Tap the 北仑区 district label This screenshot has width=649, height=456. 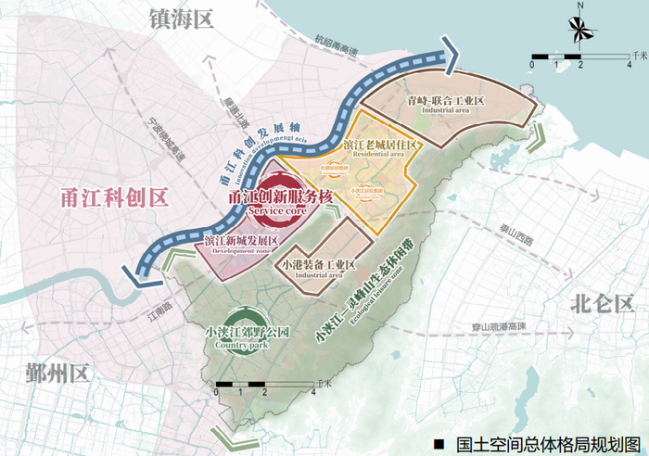603,303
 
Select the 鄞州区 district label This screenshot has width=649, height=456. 53,375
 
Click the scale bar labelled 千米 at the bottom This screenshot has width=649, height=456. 265,384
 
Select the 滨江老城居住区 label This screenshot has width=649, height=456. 383,146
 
